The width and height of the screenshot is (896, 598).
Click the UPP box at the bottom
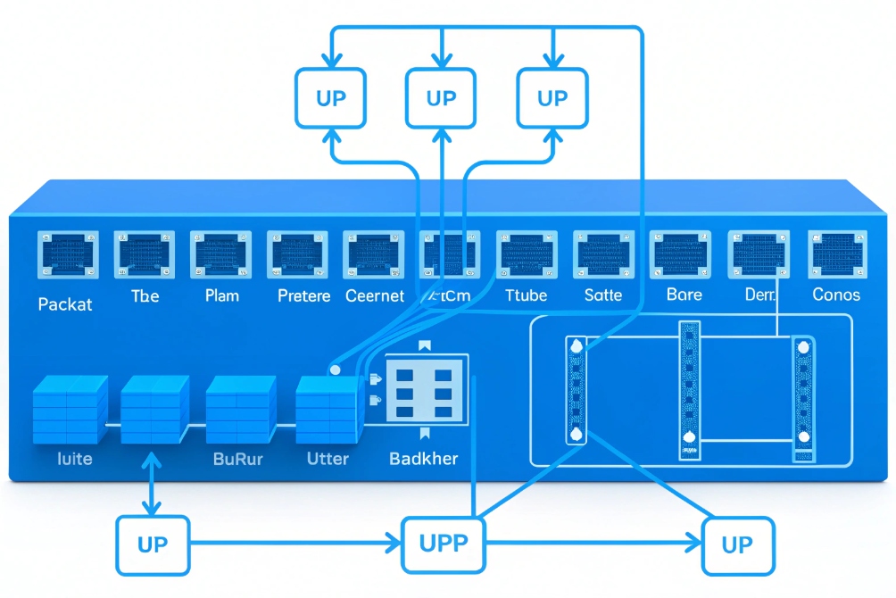[x=444, y=544]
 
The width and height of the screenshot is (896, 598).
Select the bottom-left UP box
[x=153, y=544]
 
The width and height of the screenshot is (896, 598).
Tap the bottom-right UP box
[x=737, y=544]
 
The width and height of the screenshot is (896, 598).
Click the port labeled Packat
[x=67, y=255]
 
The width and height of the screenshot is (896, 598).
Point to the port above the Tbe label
[x=144, y=255]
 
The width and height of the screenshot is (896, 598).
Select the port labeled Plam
[x=220, y=255]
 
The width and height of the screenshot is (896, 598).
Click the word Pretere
[x=303, y=295]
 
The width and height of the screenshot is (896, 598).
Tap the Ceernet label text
[x=375, y=295]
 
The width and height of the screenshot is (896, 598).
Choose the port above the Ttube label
[x=527, y=255]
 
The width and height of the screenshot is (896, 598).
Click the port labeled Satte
[x=603, y=255]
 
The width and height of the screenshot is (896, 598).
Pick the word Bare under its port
[x=684, y=295]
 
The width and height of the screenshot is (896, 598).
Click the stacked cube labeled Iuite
[x=70, y=411]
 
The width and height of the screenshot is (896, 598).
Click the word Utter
[x=328, y=459]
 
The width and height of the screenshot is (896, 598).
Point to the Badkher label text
[x=424, y=459]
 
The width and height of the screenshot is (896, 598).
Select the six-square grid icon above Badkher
[x=425, y=390]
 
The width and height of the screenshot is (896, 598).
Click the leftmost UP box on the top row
[x=331, y=98]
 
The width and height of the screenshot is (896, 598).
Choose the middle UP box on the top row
[x=441, y=98]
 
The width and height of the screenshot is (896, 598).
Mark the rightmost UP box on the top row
[x=552, y=98]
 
